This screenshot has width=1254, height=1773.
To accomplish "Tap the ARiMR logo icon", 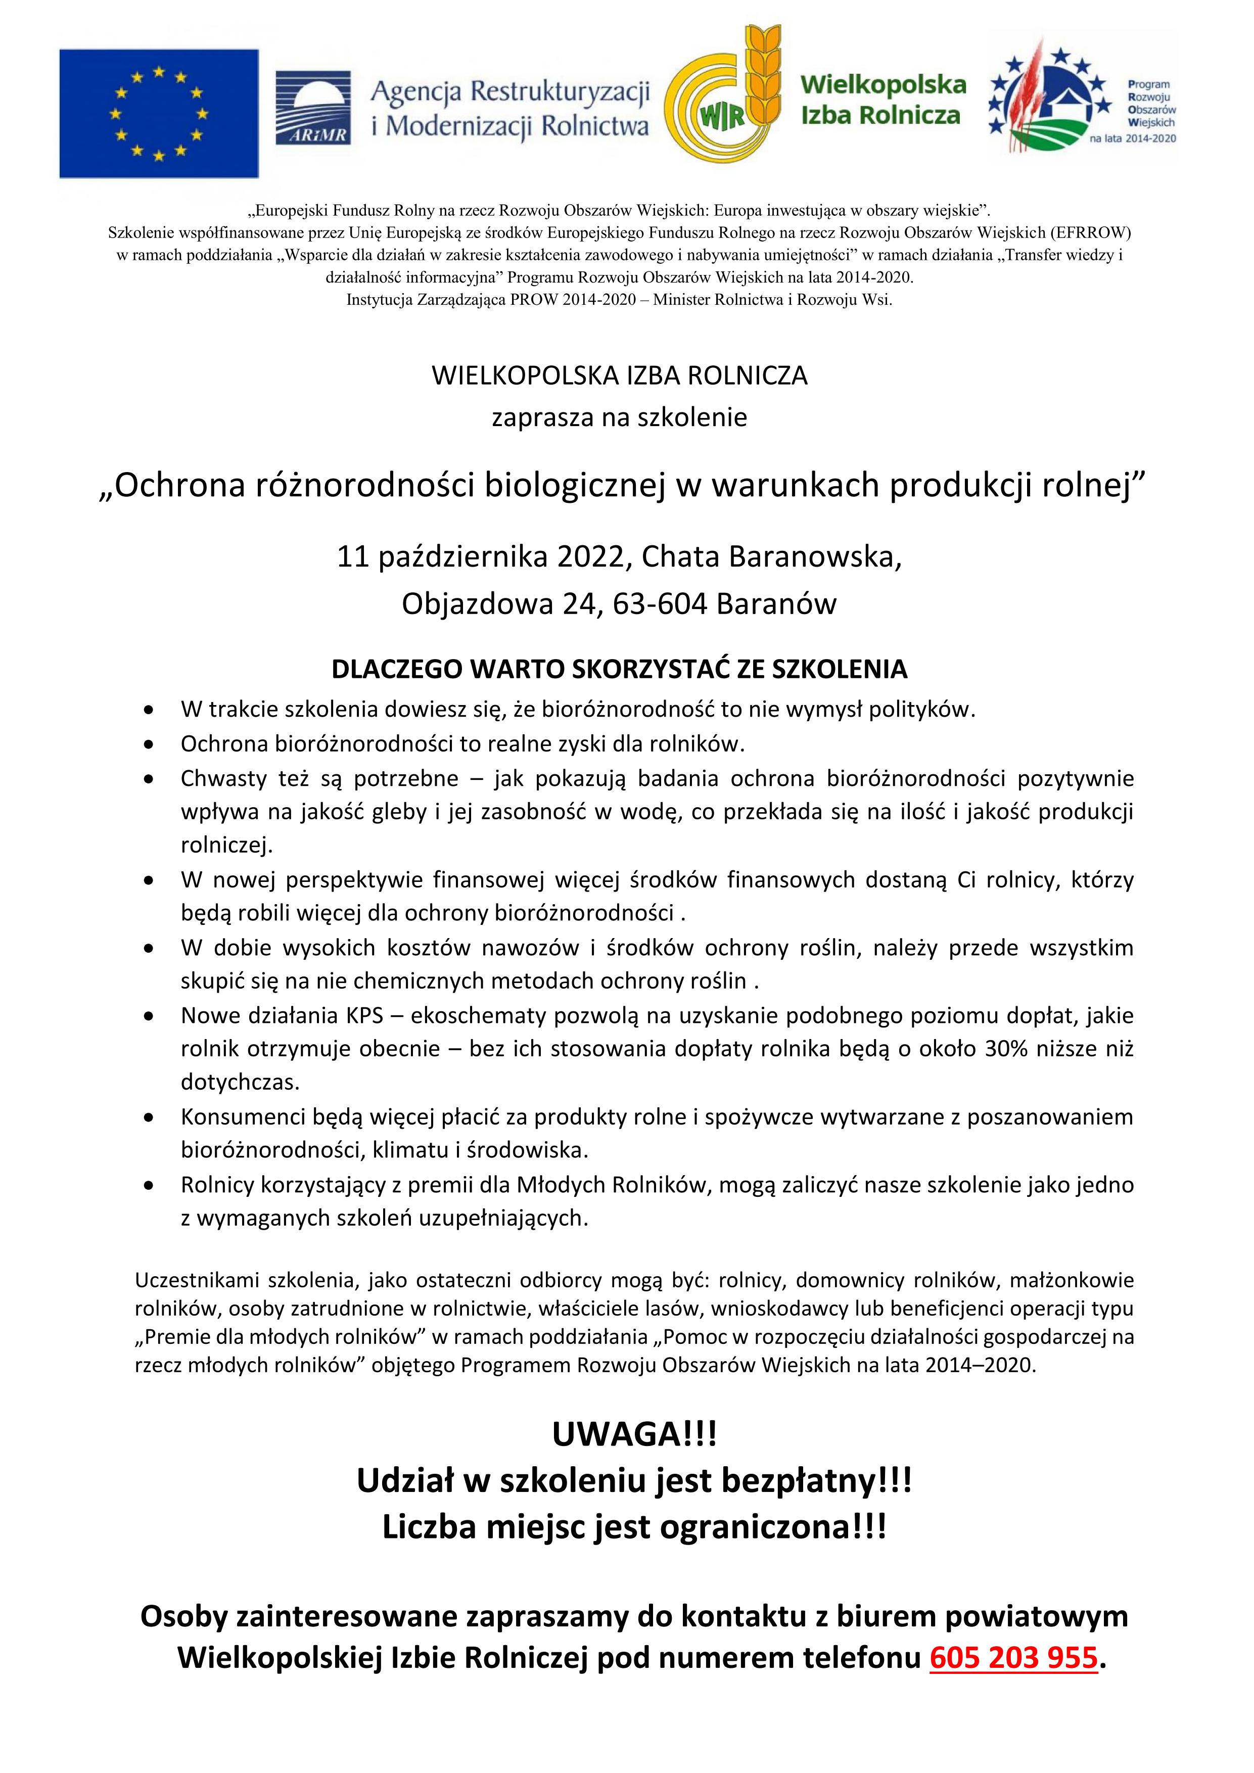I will pyautogui.click(x=313, y=107).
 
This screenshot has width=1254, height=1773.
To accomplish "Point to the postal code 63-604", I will pyautogui.click(x=660, y=604).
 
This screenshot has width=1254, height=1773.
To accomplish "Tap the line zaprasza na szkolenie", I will pyautogui.click(x=619, y=418).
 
